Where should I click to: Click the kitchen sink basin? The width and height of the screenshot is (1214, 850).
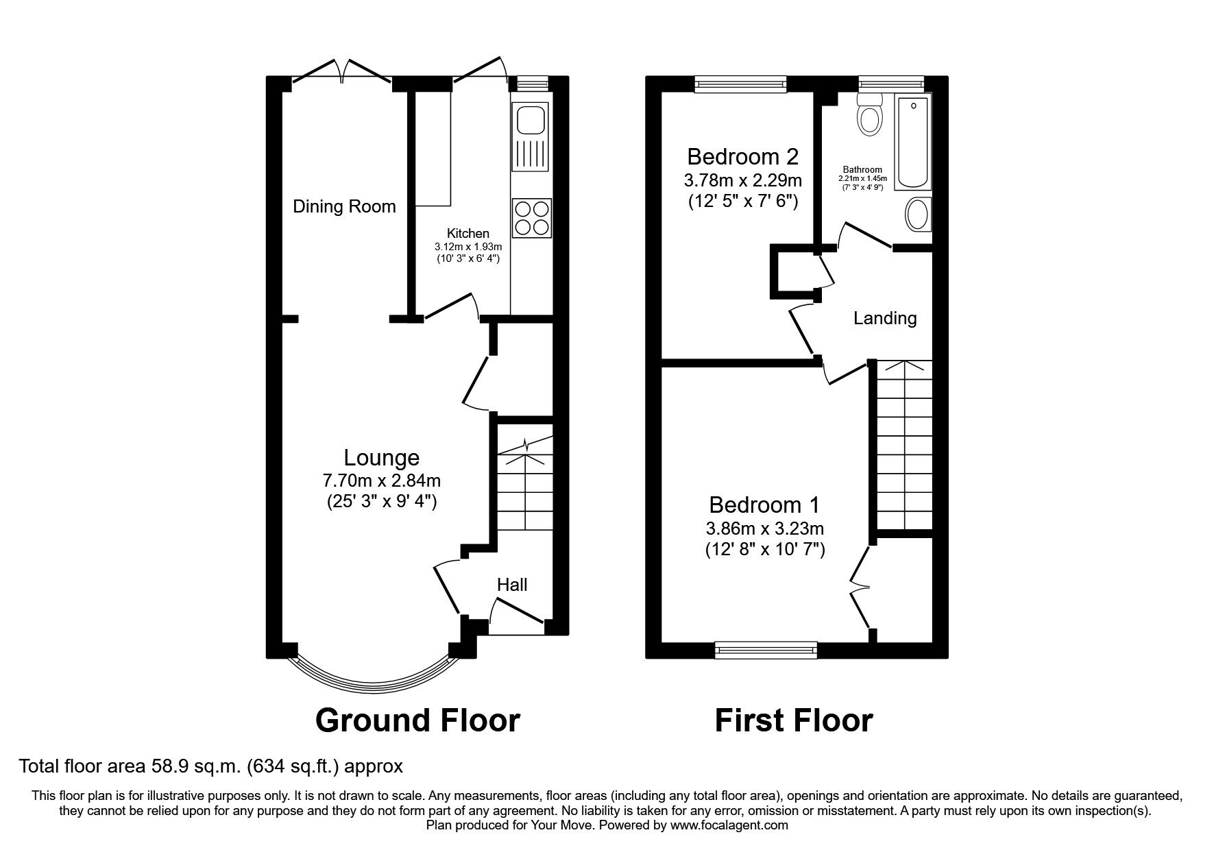click(531, 121)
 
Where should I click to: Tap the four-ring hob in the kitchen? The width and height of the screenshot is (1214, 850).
click(531, 218)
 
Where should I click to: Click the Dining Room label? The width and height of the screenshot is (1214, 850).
click(344, 206)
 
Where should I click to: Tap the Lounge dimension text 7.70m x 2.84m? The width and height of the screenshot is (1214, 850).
click(382, 481)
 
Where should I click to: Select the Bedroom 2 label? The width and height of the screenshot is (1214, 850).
click(742, 157)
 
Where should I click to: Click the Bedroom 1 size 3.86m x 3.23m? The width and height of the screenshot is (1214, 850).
click(764, 529)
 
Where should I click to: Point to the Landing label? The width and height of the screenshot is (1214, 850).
click(884, 318)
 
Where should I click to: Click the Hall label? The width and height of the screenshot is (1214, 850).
click(512, 585)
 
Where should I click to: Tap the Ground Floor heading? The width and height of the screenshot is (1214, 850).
click(417, 720)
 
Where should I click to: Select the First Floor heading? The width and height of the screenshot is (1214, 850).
click(793, 720)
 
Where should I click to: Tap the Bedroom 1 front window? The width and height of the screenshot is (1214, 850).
click(766, 649)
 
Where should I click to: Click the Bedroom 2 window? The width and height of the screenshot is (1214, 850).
click(740, 84)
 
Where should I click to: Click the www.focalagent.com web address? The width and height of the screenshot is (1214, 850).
click(729, 825)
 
